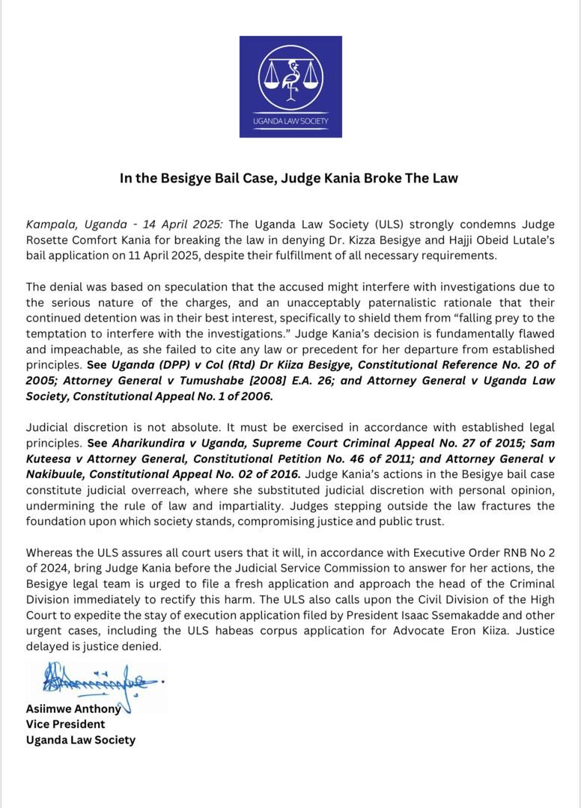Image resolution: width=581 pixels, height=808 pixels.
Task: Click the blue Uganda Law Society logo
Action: (x=290, y=87)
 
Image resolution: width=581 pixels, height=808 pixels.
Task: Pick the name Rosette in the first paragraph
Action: (x=49, y=240)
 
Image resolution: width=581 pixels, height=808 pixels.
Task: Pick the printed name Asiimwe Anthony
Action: (x=73, y=709)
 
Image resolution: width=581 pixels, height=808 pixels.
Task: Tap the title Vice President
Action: (x=65, y=724)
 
